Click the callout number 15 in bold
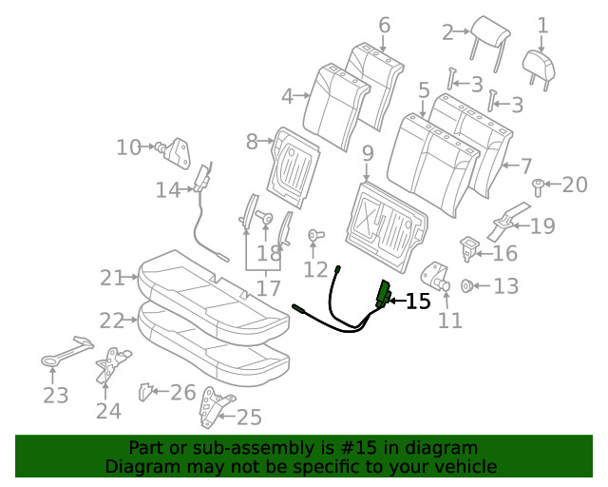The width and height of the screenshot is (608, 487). click(x=418, y=302)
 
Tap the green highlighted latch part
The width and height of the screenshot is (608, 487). click(x=385, y=294)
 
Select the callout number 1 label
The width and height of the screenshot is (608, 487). click(x=542, y=25)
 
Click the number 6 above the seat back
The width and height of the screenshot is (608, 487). click(x=384, y=25)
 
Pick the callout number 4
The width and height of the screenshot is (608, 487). click(x=288, y=95)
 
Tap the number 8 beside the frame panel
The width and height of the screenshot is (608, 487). click(x=253, y=142)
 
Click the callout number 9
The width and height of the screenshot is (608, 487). click(x=367, y=153)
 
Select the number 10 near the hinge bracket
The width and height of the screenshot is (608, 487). click(x=128, y=147)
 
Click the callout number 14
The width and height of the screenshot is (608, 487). click(x=168, y=190)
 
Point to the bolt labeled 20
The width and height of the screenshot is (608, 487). click(x=538, y=185)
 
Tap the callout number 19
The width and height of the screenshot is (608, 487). click(x=541, y=226)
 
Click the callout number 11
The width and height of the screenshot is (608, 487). click(x=450, y=321)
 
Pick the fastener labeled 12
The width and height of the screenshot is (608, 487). click(x=314, y=235)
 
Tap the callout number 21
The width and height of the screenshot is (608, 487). click(x=112, y=278)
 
